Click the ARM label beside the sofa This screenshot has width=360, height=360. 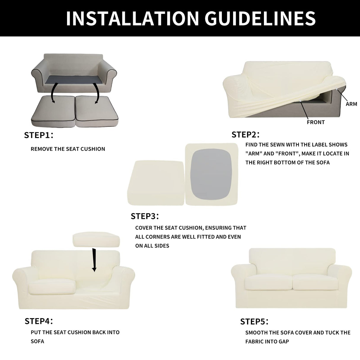coord(351,104)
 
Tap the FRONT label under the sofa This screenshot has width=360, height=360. coord(316,122)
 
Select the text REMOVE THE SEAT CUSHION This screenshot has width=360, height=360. coord(68,149)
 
